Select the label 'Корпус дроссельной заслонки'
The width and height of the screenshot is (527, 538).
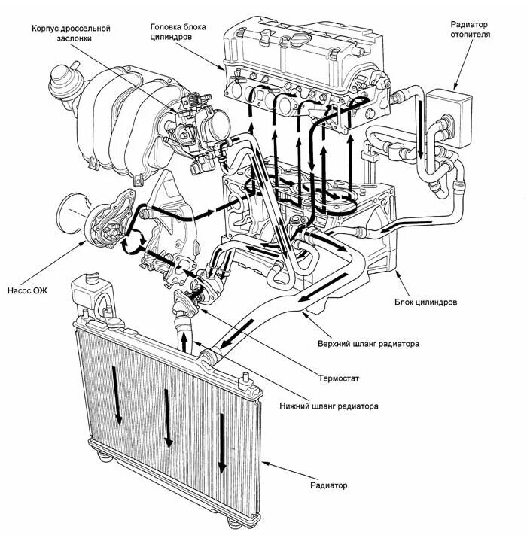pyautogui.click(x=72, y=34)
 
